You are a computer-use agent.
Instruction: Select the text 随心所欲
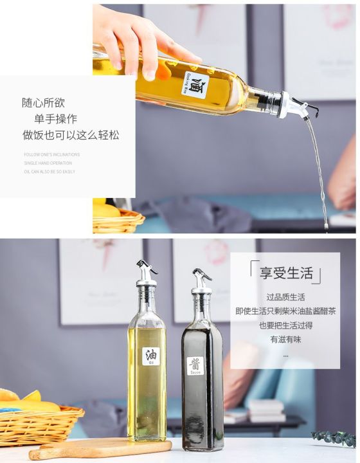[43, 103]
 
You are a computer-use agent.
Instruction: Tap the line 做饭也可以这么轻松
[71, 136]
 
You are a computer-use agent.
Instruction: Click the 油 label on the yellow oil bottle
[151, 356]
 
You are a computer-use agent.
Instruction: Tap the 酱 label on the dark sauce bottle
[195, 365]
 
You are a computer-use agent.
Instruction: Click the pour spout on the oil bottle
[145, 273]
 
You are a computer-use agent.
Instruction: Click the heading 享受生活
[285, 273]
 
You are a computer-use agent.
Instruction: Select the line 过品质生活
[285, 297]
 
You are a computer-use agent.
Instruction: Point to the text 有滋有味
[285, 339]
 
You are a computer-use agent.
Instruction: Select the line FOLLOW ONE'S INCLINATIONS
[52, 155]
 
